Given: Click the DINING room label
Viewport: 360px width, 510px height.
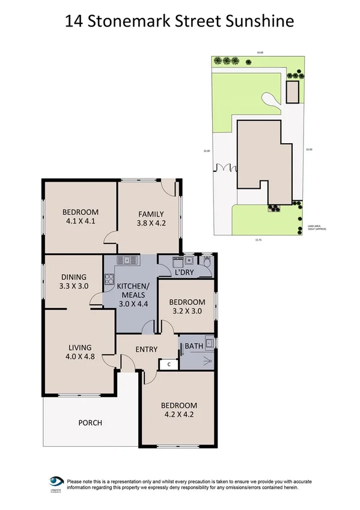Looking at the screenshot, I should click(73, 277).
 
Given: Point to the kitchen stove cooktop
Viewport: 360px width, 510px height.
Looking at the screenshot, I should click(109, 278).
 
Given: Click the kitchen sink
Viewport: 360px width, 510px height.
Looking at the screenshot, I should click(127, 260).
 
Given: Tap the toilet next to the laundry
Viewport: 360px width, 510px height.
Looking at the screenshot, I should click(207, 262).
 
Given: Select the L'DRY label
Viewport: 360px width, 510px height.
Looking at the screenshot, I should click(184, 272).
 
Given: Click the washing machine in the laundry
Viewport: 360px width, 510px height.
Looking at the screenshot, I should click(177, 261).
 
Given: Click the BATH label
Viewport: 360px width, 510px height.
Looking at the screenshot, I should click(194, 346).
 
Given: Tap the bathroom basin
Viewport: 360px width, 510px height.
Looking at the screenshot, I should click(208, 343).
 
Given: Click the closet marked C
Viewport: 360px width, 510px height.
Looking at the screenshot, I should click(169, 364).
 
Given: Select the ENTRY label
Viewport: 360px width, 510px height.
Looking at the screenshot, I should click(146, 349).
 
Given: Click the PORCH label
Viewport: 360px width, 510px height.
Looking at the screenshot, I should click(90, 423).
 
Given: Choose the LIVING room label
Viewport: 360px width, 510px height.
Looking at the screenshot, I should click(79, 347).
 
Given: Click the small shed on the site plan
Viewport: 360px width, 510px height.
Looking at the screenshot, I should click(292, 92).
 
